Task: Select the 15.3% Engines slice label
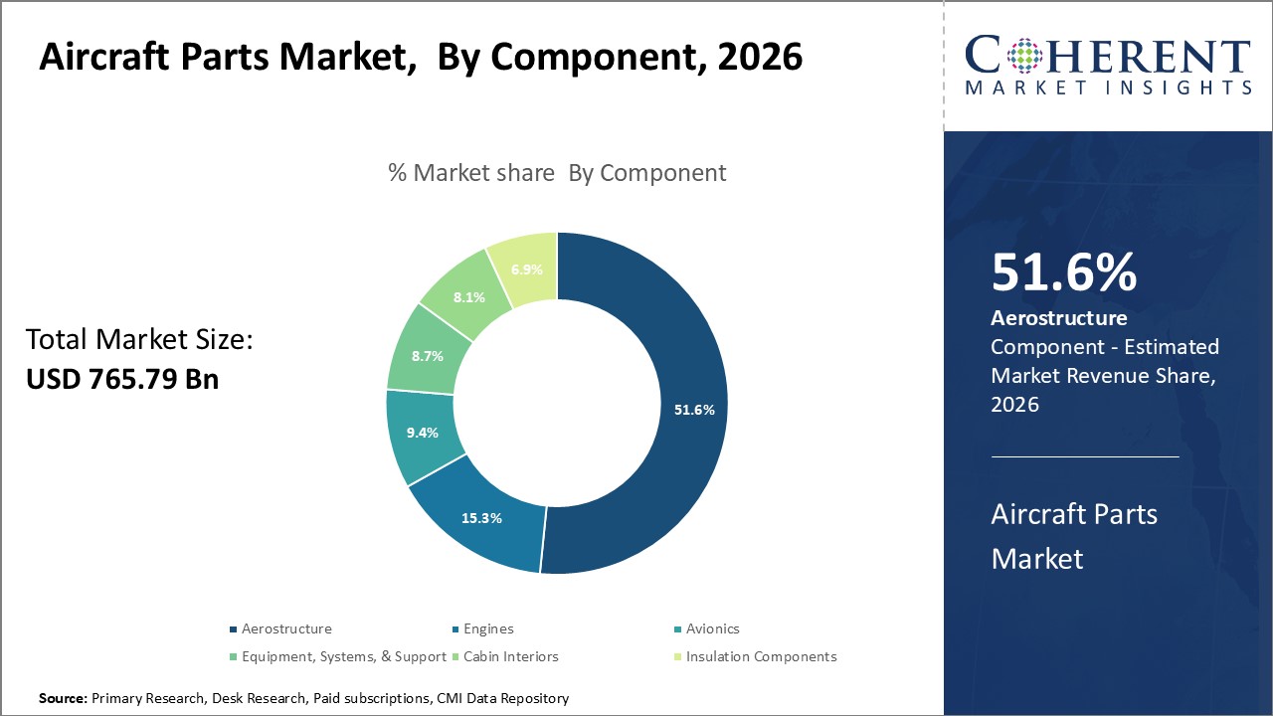481,518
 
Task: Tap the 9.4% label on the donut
423,432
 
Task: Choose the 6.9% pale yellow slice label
526,269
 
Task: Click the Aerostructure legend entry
286,628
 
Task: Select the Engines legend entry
487,628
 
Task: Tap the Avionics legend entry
712,628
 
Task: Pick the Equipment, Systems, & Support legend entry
343,656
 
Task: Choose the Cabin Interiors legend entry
510,656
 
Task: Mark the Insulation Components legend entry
761,656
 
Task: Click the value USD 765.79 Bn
121,379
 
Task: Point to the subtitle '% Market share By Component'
557,173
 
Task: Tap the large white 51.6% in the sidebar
1063,273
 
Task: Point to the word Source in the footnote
62,699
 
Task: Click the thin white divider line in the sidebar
1085,456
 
